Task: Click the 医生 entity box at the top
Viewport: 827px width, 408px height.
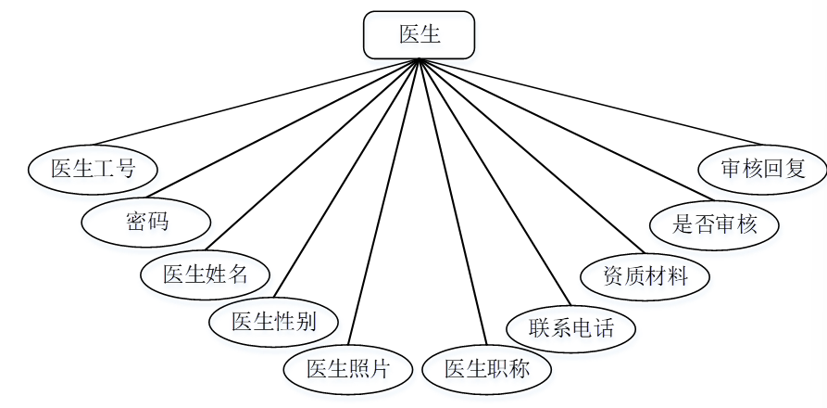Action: pyautogui.click(x=419, y=35)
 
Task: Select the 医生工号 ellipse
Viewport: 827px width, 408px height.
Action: pyautogui.click(x=93, y=168)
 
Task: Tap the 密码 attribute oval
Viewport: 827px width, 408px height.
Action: pyautogui.click(x=146, y=221)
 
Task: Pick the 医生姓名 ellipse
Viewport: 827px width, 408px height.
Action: pyautogui.click(x=207, y=274)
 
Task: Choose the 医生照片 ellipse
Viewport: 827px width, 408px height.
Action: pyautogui.click(x=347, y=368)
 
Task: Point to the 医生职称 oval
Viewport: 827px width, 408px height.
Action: pyautogui.click(x=487, y=368)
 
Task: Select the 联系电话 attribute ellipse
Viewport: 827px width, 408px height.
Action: pyautogui.click(x=571, y=326)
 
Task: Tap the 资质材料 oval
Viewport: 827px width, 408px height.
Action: pyautogui.click(x=645, y=275)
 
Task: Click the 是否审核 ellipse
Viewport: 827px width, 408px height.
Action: pyautogui.click(x=714, y=223)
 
